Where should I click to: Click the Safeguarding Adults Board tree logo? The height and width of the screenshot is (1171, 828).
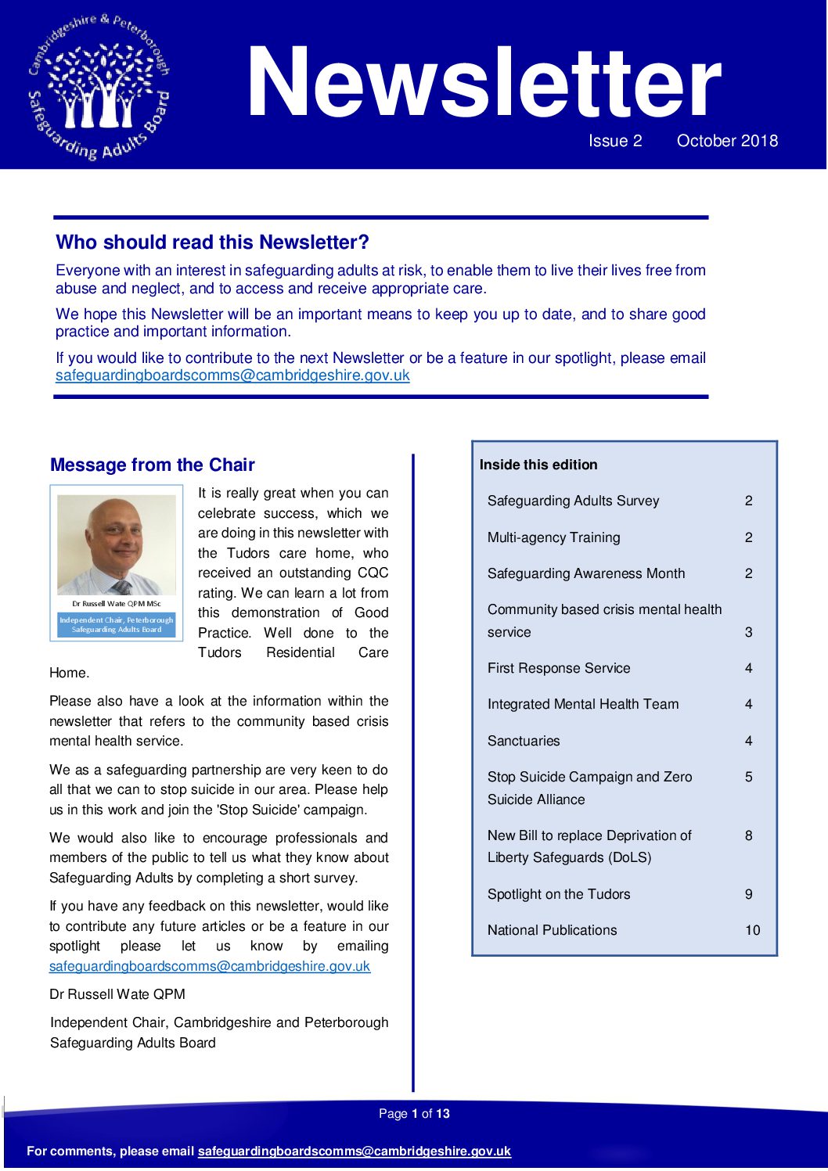99,87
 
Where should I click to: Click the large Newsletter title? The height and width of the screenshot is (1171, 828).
483,83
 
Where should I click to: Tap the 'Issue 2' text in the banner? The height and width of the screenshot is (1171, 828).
615,141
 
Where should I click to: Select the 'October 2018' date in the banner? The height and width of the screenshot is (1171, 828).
727,141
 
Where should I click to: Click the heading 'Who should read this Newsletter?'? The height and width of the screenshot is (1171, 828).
212,242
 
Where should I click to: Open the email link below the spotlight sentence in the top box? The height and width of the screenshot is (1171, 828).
232,375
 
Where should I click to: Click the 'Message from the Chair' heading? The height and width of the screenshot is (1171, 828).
153,465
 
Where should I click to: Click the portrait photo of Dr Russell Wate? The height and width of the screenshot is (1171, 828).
117,544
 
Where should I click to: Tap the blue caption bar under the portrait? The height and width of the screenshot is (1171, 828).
117,624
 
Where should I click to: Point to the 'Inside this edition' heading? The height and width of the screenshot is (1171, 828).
538,465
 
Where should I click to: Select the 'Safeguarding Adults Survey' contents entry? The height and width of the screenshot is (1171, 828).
573,501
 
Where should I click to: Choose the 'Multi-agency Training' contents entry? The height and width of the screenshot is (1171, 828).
553,537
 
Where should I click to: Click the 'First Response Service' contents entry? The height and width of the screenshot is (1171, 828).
559,668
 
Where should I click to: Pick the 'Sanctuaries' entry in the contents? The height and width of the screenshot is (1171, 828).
524,741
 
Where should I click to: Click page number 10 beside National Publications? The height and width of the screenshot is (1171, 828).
752,930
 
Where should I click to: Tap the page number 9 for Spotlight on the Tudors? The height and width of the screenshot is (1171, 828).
748,894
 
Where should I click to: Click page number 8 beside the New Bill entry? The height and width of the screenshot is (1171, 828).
748,835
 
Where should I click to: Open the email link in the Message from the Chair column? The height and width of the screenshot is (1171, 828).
210,966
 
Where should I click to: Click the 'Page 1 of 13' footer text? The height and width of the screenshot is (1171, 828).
414,1114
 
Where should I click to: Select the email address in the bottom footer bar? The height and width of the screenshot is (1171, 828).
354,1151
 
